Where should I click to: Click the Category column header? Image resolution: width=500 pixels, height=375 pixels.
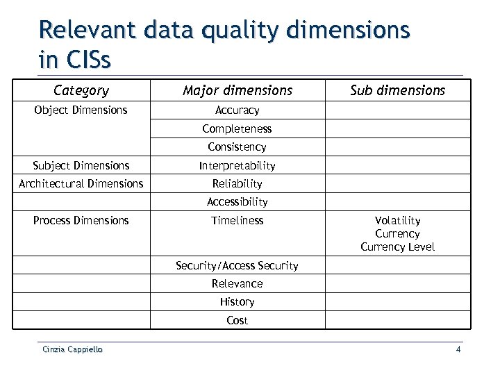(x=81, y=90)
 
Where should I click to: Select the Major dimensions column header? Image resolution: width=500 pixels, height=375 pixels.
(x=237, y=90)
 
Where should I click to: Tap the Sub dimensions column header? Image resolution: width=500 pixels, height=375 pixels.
(x=397, y=90)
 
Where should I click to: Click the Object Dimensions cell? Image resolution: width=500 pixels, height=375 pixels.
(x=81, y=110)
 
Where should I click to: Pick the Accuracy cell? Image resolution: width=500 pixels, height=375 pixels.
(x=237, y=110)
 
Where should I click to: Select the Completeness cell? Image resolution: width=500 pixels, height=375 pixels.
(x=237, y=128)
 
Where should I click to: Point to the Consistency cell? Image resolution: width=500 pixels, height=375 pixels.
(x=237, y=147)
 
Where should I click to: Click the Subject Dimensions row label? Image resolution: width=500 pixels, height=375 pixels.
(x=81, y=165)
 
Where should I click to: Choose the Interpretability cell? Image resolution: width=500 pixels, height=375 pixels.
(x=237, y=165)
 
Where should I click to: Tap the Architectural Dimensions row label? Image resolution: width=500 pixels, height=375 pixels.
(x=81, y=184)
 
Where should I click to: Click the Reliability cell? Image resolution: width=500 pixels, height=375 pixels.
(x=237, y=184)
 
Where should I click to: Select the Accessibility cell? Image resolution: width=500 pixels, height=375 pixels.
(x=237, y=202)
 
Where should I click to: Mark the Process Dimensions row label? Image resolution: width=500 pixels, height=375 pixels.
(x=81, y=220)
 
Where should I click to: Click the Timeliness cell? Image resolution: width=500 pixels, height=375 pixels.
(x=237, y=220)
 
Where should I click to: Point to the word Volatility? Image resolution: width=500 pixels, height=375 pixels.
(x=397, y=221)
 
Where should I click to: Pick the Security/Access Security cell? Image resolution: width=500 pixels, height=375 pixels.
(x=237, y=265)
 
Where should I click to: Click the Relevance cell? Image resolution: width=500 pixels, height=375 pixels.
(x=237, y=283)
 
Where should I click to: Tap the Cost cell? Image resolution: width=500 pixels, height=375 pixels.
(x=237, y=320)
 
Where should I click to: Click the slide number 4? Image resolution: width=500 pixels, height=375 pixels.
(x=458, y=349)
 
